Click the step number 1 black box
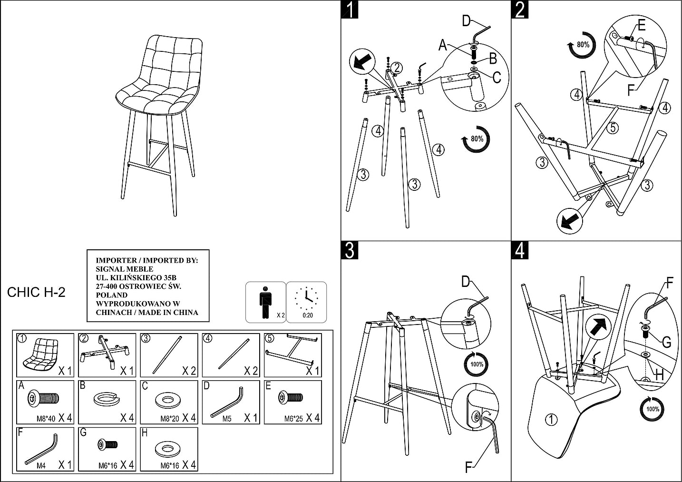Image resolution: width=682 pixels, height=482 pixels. click(350, 10)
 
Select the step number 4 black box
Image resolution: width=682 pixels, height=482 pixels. click(520, 250)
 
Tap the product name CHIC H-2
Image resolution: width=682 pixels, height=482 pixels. click(36, 292)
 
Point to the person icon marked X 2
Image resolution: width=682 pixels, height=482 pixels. click(265, 302)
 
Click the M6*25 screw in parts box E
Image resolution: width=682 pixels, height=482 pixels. click(290, 396)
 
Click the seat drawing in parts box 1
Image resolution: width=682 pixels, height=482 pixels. click(38, 355)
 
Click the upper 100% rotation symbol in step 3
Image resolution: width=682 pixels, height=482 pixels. click(477, 364)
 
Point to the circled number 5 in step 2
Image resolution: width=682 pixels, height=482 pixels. click(613, 128)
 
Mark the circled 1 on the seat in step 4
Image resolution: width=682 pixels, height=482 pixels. click(551, 420)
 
